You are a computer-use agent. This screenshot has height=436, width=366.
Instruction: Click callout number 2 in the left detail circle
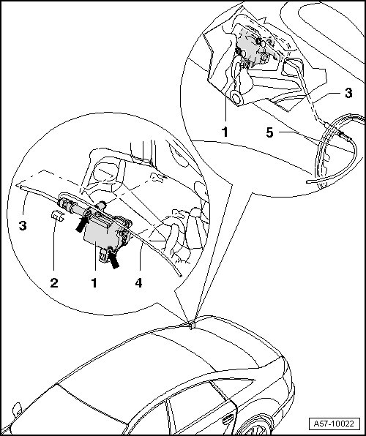click(54, 283)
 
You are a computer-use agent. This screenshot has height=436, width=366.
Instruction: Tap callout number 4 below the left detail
click(138, 283)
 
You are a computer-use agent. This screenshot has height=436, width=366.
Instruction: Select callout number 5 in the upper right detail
click(269, 132)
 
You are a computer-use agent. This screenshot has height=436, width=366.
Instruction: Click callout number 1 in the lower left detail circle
click(94, 283)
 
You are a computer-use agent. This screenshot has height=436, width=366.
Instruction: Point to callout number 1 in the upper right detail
click(225, 132)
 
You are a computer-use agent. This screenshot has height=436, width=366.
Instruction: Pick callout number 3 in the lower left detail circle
click(23, 225)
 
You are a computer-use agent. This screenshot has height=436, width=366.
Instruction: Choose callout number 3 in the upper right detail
click(348, 93)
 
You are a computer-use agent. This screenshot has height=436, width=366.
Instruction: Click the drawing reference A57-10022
click(334, 424)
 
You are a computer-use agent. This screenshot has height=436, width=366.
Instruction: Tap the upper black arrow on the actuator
click(82, 225)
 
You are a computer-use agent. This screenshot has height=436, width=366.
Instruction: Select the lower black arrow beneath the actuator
click(113, 260)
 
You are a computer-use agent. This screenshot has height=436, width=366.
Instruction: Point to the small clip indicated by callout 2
click(58, 216)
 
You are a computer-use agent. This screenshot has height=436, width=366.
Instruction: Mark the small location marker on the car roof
click(192, 326)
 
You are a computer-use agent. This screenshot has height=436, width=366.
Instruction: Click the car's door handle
click(228, 419)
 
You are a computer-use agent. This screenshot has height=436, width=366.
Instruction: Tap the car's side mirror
click(17, 410)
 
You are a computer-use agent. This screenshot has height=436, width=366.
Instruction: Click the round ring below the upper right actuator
click(236, 99)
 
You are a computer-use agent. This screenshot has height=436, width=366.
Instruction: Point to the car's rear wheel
click(258, 426)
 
